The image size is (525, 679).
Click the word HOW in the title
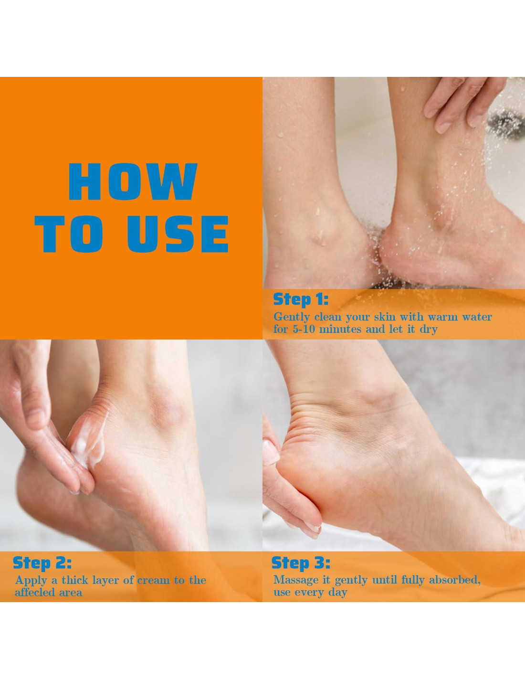pos(132,182)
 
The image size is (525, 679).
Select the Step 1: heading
pos(301,300)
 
